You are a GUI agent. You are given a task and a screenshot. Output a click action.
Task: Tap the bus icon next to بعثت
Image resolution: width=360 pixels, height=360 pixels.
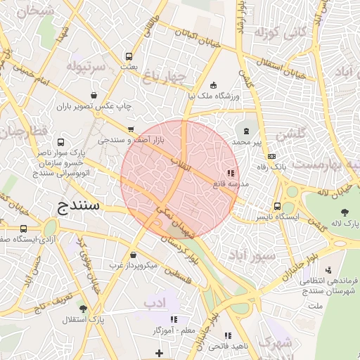pos(129,57)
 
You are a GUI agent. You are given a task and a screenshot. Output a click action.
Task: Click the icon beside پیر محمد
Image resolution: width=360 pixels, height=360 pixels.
pos(246,131)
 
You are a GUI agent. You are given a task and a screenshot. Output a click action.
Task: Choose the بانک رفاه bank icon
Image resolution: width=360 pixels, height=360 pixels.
pos(273,156)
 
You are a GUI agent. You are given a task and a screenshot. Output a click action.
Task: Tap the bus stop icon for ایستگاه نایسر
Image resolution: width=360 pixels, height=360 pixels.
pos(278,207)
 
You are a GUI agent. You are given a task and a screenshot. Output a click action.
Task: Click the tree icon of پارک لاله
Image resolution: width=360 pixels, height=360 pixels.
pos(345,212)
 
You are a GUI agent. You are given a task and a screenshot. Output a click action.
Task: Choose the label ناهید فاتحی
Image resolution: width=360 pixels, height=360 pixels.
pos(226,347)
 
